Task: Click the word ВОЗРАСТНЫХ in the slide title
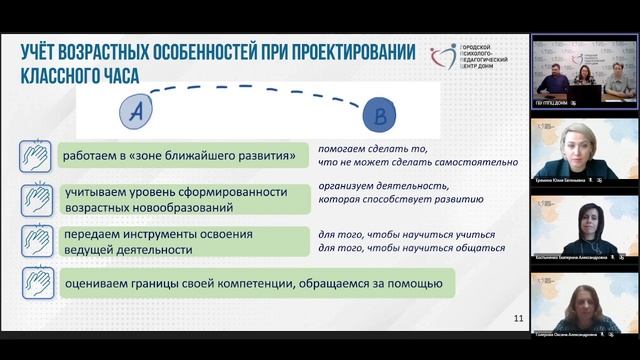134,48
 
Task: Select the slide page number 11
518,318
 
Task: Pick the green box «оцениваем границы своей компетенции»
250,283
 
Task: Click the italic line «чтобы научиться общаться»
405,248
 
